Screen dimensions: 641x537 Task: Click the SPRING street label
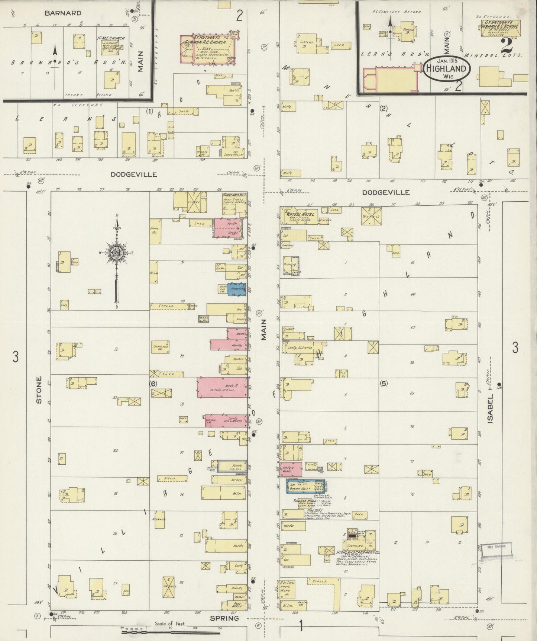pos(224,618)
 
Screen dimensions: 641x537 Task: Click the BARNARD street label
pos(62,13)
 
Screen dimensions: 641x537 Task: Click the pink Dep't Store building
pos(222,387)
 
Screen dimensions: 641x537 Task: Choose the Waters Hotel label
pos(300,215)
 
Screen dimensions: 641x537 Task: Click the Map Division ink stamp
pos(496,551)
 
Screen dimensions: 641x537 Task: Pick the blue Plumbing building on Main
pos(237,289)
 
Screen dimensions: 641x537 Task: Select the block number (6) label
pos(153,384)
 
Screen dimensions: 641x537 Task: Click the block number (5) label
pos(384,384)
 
